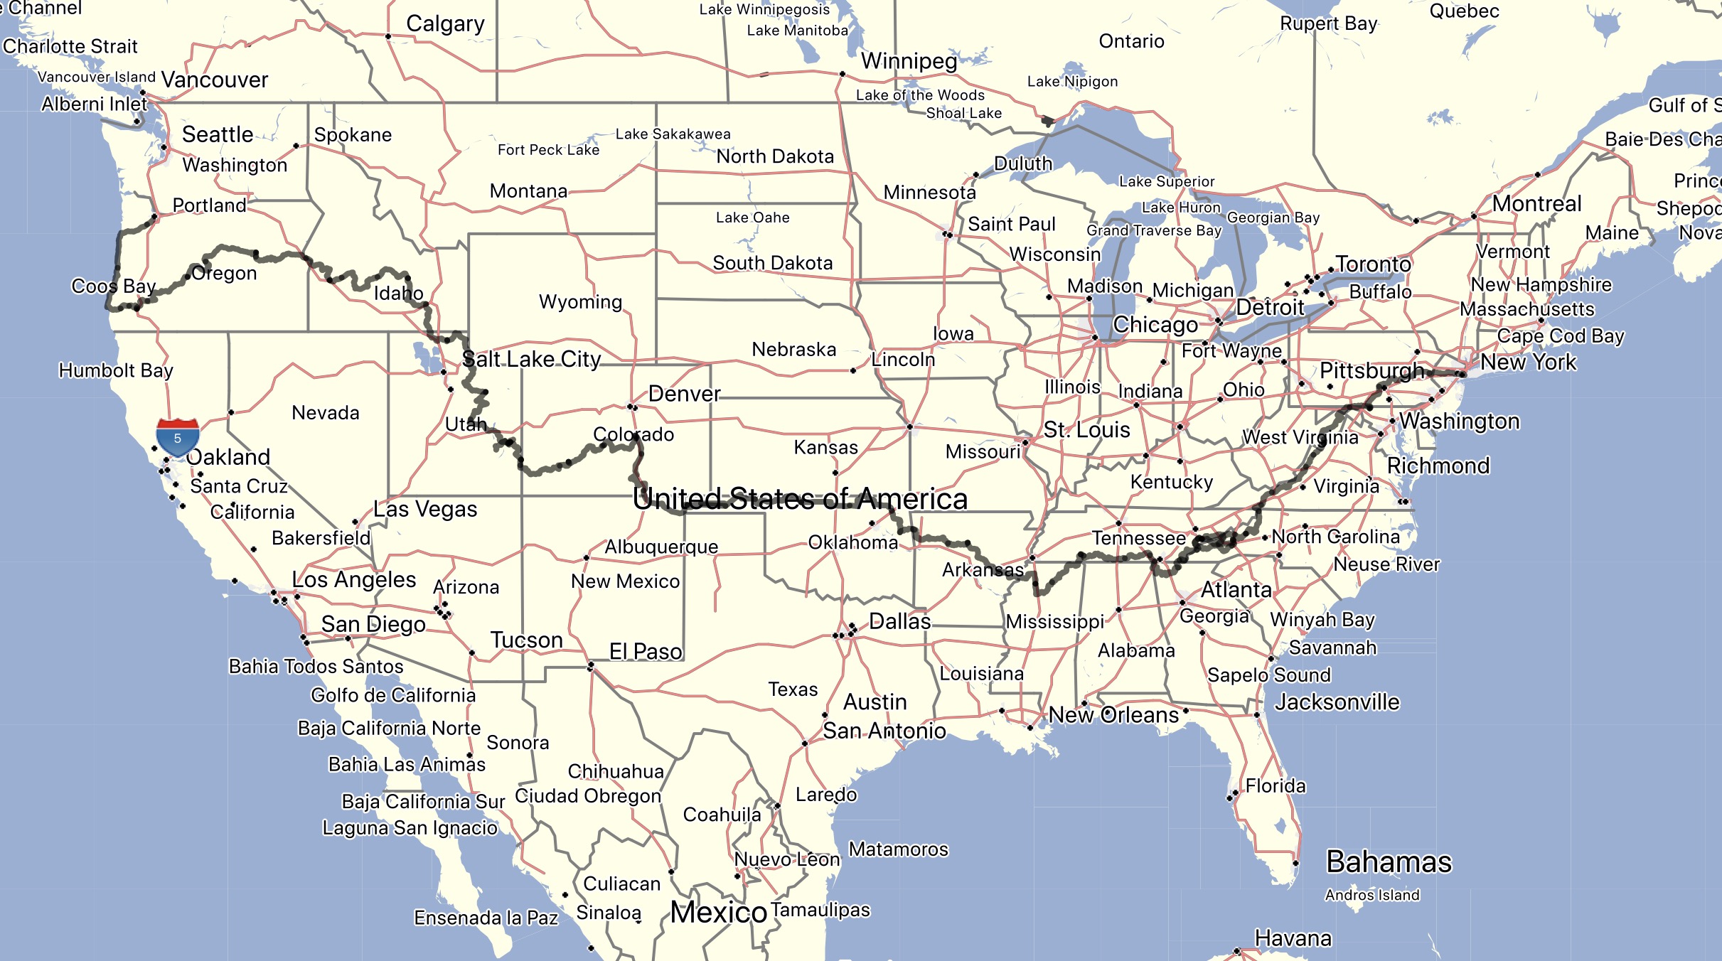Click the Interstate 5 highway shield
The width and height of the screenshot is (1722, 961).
point(177,438)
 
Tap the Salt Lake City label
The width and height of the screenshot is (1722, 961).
point(532,360)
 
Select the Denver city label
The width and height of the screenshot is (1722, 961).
point(684,394)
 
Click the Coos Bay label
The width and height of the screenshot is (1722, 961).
point(114,286)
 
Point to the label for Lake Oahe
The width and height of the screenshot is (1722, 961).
point(752,218)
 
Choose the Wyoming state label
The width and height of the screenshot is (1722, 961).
point(580,302)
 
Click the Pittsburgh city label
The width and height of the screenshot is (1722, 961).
point(1371,371)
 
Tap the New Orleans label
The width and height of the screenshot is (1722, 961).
point(1113,715)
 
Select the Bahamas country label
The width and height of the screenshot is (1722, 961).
point(1389,862)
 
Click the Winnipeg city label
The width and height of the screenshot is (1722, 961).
point(909,61)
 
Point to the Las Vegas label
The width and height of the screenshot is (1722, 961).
point(425,510)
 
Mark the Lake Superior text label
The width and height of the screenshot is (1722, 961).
point(1167,182)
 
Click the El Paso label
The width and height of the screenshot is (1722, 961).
point(646,652)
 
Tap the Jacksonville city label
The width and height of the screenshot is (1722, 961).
point(1337,702)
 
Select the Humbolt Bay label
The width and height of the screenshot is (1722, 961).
point(116,370)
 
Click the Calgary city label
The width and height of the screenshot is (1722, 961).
point(445,24)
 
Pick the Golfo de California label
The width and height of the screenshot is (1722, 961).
point(393,695)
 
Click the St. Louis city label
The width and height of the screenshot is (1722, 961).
point(1086,430)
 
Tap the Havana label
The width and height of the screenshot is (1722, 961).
point(1293,938)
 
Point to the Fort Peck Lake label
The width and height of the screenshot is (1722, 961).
point(548,150)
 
